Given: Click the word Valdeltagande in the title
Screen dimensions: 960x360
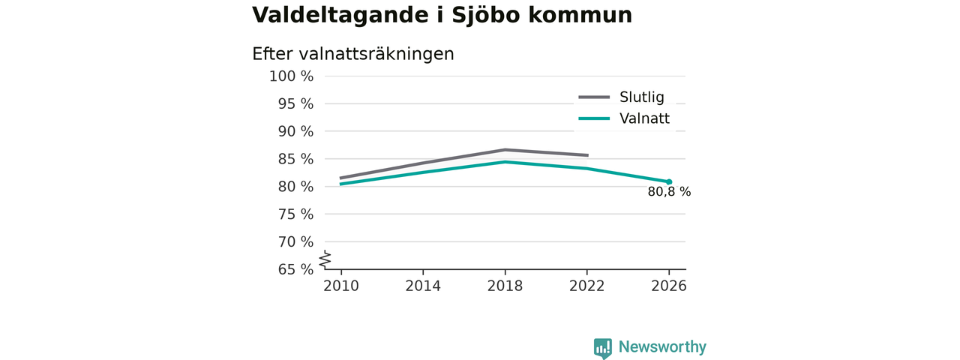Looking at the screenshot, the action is [x=340, y=16].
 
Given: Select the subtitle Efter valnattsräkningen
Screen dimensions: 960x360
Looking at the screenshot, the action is [x=352, y=55].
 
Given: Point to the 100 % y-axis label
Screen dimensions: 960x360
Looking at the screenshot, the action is [x=292, y=76].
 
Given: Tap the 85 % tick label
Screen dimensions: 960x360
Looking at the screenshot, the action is [x=295, y=159].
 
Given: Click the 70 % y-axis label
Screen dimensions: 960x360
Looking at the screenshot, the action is [x=295, y=241].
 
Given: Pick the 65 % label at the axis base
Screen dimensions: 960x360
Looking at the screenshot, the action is [x=295, y=269].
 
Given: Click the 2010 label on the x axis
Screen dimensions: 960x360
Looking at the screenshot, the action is [x=341, y=286].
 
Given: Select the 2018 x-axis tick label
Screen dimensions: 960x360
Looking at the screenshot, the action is [x=505, y=286].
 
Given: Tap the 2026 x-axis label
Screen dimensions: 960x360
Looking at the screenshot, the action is [x=669, y=286].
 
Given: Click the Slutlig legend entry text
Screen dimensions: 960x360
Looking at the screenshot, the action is [x=641, y=97].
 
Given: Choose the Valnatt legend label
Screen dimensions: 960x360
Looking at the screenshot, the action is [x=644, y=118].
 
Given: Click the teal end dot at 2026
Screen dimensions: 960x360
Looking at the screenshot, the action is [x=669, y=181].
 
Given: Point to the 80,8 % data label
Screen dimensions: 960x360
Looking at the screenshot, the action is [x=669, y=192].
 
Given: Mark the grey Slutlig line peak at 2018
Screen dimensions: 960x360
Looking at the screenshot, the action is [x=505, y=149].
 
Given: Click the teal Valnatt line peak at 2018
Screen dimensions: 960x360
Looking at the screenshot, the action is [x=505, y=161].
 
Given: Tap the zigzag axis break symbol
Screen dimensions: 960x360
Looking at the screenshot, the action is [x=325, y=259].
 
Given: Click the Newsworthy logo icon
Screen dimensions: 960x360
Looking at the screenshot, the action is [x=602, y=349].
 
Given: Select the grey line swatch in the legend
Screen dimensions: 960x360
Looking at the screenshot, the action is [x=594, y=97].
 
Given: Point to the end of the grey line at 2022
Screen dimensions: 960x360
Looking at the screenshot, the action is [x=587, y=155].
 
